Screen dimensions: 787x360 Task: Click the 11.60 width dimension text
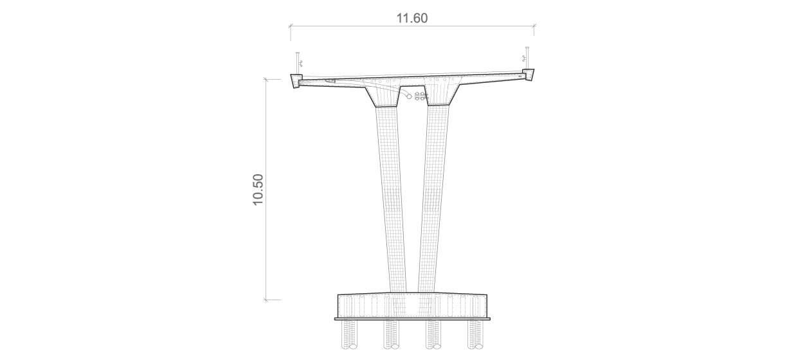(x=412, y=18)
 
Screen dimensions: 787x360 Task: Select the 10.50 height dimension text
(x=258, y=190)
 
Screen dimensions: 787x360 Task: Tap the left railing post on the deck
(x=298, y=63)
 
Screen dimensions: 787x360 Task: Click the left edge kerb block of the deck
(x=296, y=81)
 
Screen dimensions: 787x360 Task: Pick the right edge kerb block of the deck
(x=528, y=75)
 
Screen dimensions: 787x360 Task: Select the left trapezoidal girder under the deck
(x=383, y=96)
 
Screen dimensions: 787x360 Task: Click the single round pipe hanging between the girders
(x=409, y=96)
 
